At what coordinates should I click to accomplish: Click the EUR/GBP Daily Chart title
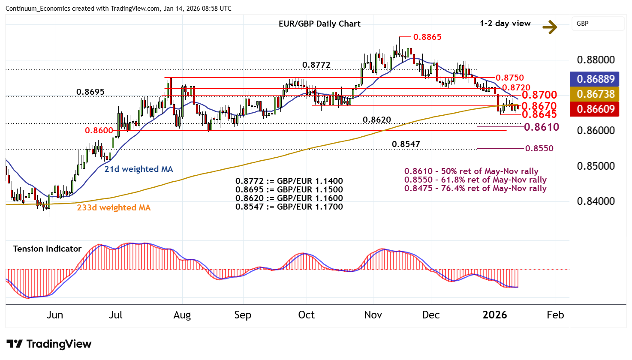click(x=319, y=24)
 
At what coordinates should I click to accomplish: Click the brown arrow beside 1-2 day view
click(x=550, y=27)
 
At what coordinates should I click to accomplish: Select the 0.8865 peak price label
click(x=427, y=37)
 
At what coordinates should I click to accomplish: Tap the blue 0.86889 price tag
click(x=596, y=79)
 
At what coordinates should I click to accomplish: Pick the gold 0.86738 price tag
click(x=596, y=94)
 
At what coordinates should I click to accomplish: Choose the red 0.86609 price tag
click(x=596, y=109)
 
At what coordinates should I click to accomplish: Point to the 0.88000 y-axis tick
click(x=596, y=60)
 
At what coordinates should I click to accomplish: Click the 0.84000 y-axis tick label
click(x=596, y=201)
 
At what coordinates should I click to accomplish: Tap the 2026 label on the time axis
click(x=494, y=315)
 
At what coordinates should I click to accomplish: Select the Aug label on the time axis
click(x=182, y=315)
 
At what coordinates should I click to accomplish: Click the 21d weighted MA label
click(x=138, y=169)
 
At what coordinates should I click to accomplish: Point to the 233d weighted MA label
click(x=114, y=208)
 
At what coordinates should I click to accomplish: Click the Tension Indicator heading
click(x=47, y=249)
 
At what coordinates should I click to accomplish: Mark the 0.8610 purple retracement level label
click(x=542, y=127)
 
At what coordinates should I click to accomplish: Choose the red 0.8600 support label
click(x=99, y=131)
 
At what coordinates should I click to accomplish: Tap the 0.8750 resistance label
click(x=509, y=78)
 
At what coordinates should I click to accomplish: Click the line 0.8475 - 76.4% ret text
click(x=475, y=189)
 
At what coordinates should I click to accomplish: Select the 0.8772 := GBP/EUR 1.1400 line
click(x=289, y=181)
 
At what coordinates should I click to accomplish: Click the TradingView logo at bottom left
click(x=49, y=344)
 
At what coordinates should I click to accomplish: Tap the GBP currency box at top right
click(x=597, y=24)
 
